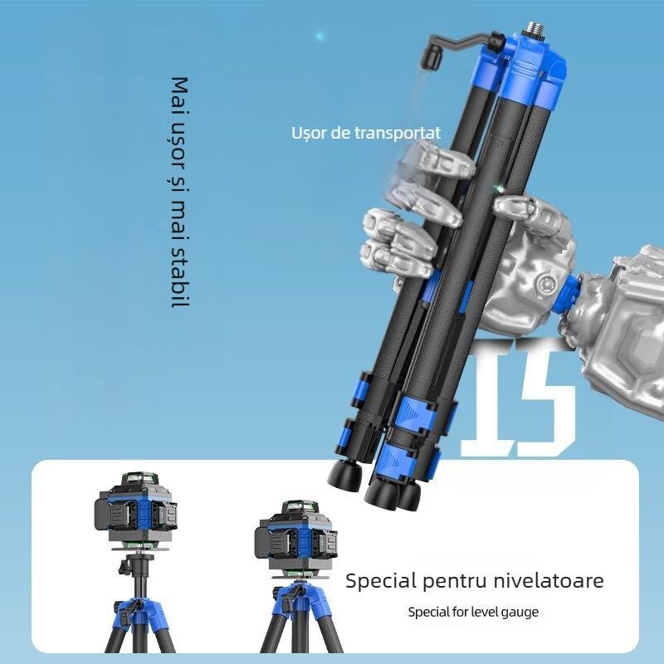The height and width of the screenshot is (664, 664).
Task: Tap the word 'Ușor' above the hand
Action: [308, 133]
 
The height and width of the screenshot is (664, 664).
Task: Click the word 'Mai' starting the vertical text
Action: [178, 94]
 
